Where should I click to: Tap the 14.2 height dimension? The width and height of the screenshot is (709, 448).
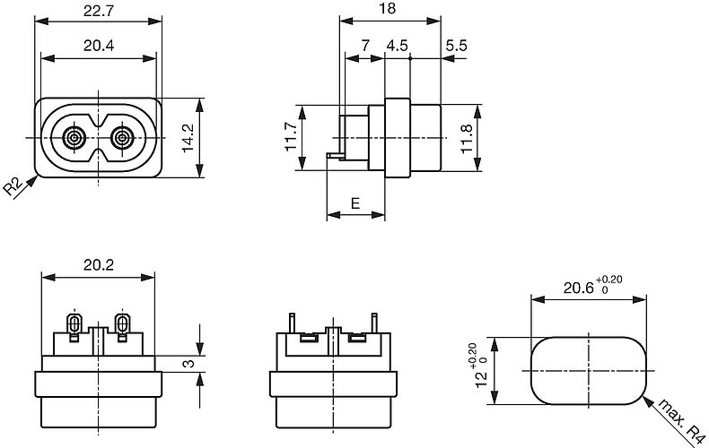(x=188, y=138)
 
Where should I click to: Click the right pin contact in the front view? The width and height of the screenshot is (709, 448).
(x=122, y=138)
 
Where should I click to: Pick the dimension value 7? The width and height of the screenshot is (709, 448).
(x=364, y=47)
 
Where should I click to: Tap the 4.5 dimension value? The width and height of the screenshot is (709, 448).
(x=397, y=47)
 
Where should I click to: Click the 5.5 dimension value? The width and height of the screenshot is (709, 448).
(x=455, y=47)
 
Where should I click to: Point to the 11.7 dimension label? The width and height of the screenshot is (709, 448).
(x=293, y=138)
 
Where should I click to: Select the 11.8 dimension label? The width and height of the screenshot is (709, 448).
(x=466, y=138)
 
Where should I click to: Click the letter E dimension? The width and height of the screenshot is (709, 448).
(x=355, y=203)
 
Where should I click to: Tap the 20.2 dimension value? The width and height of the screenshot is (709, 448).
(x=99, y=266)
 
